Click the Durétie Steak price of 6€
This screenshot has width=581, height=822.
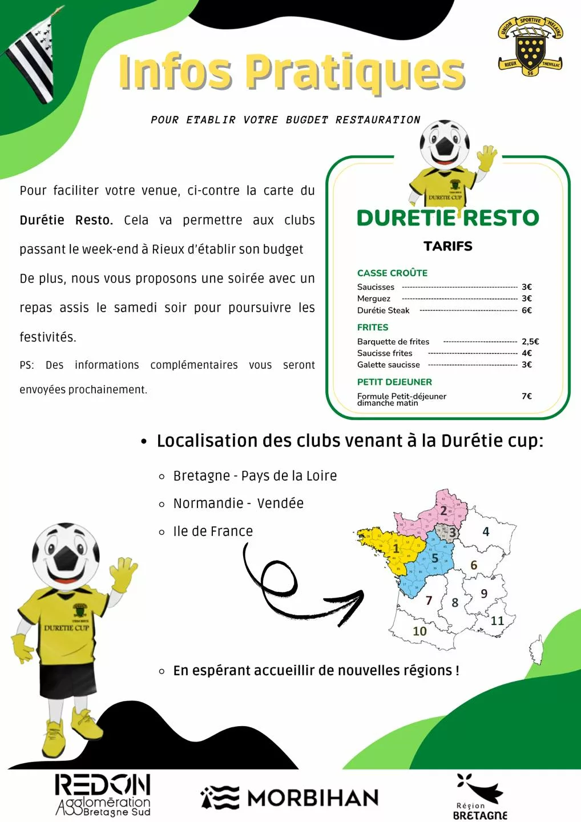coord(526,311)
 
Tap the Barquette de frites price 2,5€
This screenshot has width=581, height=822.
coord(530,341)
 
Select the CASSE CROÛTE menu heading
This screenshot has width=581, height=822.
coord(392,273)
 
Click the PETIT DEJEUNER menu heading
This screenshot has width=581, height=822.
coord(394,382)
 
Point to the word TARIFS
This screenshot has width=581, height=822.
coord(448,246)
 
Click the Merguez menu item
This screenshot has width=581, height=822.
coord(374,299)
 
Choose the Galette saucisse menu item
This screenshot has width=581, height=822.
coord(388,365)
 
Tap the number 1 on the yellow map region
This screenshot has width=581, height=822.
coord(396,549)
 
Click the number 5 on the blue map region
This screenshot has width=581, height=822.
coord(435,558)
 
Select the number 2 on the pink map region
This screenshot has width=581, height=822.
coord(443,511)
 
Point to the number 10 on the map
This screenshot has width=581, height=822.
coord(419,631)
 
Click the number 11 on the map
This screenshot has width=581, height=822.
coord(498,620)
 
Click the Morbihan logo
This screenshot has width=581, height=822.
coord(289,797)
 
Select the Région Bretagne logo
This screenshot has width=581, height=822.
coord(480,797)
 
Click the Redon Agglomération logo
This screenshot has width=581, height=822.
coord(103,795)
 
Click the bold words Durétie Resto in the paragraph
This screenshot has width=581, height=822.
coord(66,220)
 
